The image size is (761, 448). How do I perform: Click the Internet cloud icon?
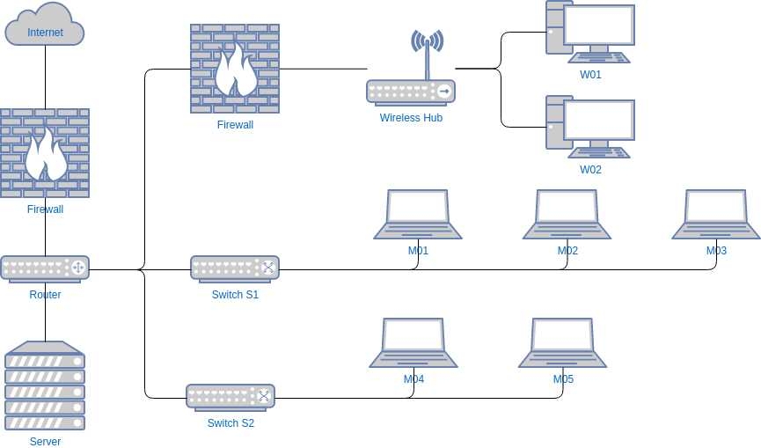[45, 26]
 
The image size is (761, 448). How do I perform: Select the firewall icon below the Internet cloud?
[45, 153]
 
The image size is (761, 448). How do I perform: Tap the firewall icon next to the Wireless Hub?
[235, 69]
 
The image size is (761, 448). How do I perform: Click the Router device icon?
[45, 268]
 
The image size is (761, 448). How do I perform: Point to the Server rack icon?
[45, 386]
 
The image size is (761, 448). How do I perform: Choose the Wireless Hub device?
[411, 92]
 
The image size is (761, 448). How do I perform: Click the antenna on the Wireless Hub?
[427, 49]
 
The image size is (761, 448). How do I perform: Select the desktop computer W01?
[590, 32]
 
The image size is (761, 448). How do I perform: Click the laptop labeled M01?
[418, 214]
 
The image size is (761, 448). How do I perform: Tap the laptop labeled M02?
[567, 214]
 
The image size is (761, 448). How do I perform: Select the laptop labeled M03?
[716, 214]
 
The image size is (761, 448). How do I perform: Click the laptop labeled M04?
[413, 342]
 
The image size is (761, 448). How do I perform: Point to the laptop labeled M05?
[563, 342]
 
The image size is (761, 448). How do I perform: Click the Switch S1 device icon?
[235, 268]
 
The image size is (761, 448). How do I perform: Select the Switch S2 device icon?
[230, 397]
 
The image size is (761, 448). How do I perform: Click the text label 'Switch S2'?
[230, 423]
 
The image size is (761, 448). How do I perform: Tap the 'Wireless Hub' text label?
[411, 118]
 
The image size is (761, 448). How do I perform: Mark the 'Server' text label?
[45, 442]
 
